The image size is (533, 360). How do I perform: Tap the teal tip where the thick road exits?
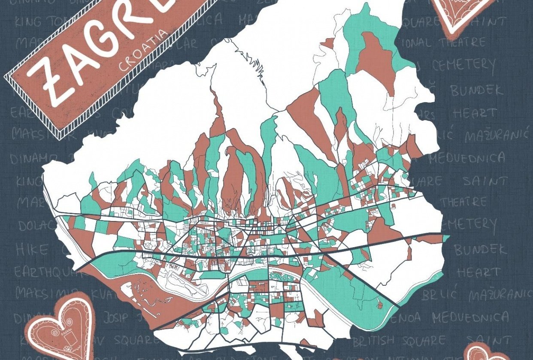click(x=446, y=238)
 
